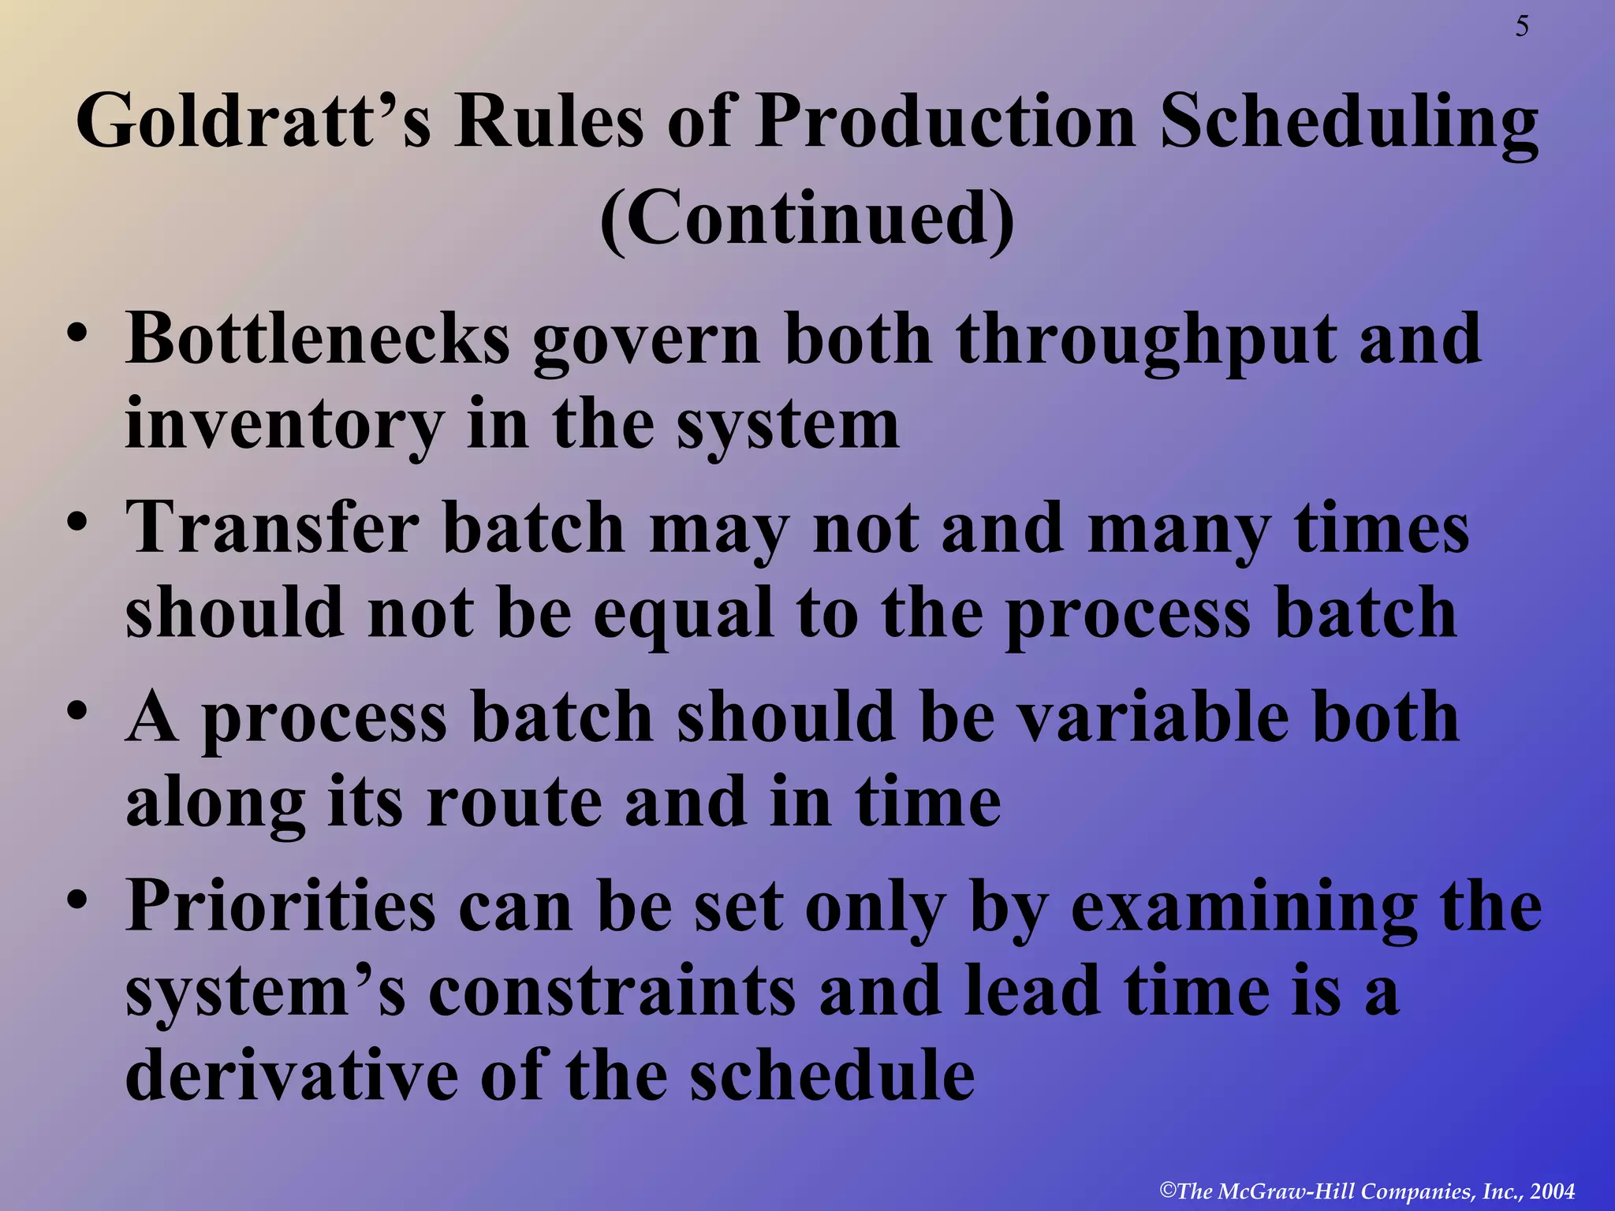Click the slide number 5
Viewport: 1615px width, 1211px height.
pyautogui.click(x=1521, y=28)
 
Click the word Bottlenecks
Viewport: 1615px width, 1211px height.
pyautogui.click(x=318, y=339)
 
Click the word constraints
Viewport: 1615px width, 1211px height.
pyautogui.click(x=612, y=992)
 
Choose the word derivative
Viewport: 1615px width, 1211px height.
pyautogui.click(x=292, y=1076)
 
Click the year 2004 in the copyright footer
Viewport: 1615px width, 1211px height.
pyautogui.click(x=1552, y=1191)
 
